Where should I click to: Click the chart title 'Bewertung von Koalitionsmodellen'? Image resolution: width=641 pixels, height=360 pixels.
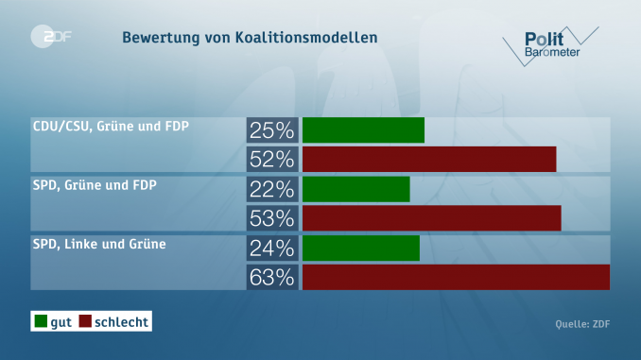(249, 38)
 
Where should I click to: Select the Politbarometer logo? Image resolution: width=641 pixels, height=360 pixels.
(553, 43)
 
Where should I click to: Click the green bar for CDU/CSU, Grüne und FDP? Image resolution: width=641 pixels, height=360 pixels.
(363, 129)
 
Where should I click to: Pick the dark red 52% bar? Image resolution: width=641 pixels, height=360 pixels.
(429, 159)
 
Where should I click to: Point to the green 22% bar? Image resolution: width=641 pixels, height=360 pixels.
(356, 189)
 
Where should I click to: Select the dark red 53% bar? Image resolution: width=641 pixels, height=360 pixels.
(432, 218)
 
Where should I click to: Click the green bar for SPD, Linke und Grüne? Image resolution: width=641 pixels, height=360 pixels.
(361, 249)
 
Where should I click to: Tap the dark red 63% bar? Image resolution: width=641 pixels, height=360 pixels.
(456, 278)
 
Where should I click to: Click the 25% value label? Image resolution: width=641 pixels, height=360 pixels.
(272, 129)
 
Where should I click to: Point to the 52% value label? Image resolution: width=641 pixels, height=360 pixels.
(272, 159)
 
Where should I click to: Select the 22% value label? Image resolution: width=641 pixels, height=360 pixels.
(272, 189)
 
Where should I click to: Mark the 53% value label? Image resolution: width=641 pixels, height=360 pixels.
(272, 218)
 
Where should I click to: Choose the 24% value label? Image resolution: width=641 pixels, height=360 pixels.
(272, 249)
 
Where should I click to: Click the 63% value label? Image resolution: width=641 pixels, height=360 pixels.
(272, 278)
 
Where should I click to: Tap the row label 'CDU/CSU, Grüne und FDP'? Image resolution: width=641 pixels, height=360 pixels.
(104, 126)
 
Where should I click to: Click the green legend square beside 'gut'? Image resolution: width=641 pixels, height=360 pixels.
(41, 322)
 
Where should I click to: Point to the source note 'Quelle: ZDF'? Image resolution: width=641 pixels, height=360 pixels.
(582, 325)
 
